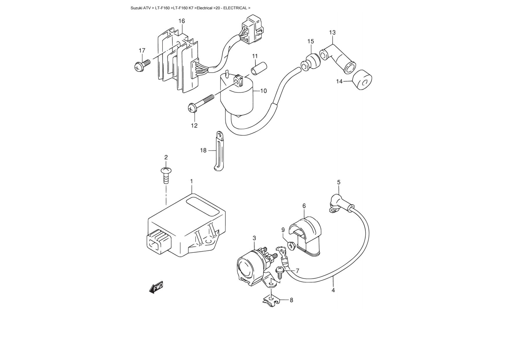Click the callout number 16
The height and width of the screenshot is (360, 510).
[181, 21]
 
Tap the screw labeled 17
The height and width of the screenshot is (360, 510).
[142, 65]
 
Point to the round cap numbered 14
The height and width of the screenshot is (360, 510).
[362, 80]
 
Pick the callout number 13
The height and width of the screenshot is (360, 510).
[332, 32]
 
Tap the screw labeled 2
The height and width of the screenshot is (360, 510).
[166, 175]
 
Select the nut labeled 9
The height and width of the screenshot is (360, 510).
[291, 246]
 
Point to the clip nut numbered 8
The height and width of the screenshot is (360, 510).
[271, 301]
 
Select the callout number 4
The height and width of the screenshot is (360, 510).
[333, 290]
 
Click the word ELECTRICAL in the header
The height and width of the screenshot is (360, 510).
[235, 8]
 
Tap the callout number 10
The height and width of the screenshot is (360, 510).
[263, 91]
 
